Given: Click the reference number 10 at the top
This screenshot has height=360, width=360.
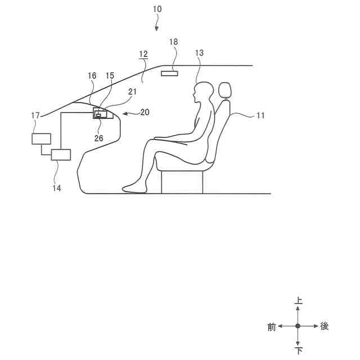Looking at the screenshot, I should click(x=156, y=10).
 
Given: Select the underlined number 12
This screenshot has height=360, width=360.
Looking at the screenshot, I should click(x=143, y=54).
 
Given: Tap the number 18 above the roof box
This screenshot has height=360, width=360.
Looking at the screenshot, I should click(x=173, y=42).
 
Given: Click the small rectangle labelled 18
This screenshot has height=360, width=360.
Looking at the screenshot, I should click(x=170, y=73).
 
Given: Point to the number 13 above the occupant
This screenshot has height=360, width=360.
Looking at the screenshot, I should click(x=199, y=53).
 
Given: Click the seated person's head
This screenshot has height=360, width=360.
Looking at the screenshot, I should click(x=200, y=92).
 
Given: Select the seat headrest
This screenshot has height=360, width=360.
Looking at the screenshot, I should click(x=225, y=90).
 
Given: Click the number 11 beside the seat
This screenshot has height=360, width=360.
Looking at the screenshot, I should click(x=260, y=115).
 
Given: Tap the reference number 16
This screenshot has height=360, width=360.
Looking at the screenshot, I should click(x=92, y=75).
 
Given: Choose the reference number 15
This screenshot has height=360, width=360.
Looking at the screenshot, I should click(x=110, y=75).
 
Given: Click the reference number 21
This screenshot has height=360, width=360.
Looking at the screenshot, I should click(x=133, y=92).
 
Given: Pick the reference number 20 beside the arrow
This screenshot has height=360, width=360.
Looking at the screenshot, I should click(x=145, y=112).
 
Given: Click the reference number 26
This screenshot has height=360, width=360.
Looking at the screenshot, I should click(x=99, y=138).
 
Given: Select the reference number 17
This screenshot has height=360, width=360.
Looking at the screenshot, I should click(x=36, y=115).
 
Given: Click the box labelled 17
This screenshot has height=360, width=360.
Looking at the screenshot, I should click(x=42, y=138).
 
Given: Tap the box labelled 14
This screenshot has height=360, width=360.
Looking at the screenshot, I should click(x=61, y=155).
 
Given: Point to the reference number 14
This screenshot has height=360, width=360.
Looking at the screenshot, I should click(x=57, y=188).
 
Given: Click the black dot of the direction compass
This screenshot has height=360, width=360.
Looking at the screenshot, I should click(x=298, y=326).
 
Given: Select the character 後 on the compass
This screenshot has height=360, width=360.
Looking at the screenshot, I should click(x=325, y=326).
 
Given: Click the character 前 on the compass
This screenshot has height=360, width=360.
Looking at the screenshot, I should click(x=272, y=327).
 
